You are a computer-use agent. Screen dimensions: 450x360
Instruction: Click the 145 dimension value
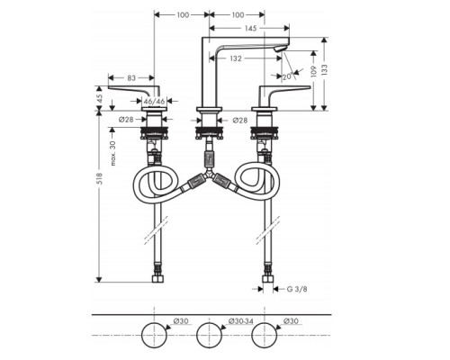pos(250,28)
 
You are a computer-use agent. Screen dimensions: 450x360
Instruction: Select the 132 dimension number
pos(236,58)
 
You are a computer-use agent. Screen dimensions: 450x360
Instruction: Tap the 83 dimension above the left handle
pos(131,78)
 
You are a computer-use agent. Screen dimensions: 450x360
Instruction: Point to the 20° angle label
pos(287,76)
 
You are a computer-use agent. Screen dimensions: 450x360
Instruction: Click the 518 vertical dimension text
pos(100,178)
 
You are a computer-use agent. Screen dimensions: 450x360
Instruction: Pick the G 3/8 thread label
pos(297,289)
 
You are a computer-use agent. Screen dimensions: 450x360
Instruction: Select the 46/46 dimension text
pos(154,102)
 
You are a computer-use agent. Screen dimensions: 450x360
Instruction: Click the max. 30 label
pos(112,153)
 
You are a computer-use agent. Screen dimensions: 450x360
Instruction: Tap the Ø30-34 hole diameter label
pos(240,321)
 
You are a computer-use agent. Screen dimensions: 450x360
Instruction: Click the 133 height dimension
pos(324,69)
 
